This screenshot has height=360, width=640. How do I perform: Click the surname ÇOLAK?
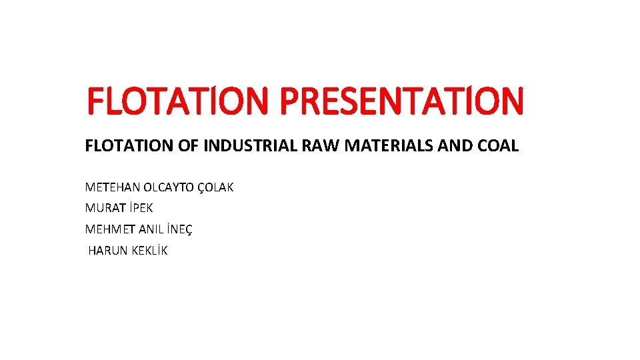coord(215,187)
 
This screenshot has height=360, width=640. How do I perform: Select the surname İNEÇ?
coord(180,229)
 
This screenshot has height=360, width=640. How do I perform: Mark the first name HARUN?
coord(107,251)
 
